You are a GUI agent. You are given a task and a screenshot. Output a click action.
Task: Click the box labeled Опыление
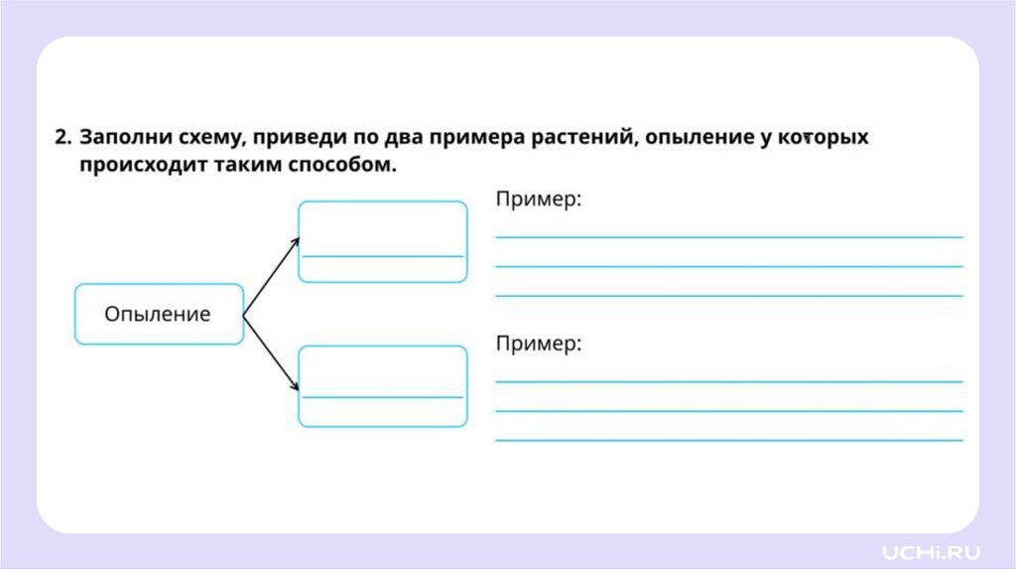(159, 315)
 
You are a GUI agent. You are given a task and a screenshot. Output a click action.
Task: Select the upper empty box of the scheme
(382, 241)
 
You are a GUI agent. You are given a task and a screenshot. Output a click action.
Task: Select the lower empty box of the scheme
(382, 386)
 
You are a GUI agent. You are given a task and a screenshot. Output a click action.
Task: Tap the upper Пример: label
(538, 200)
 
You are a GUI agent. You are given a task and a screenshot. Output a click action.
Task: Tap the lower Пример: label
(538, 344)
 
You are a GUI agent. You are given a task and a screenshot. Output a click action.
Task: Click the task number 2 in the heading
(63, 137)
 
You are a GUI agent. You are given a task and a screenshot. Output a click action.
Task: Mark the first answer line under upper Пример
(728, 237)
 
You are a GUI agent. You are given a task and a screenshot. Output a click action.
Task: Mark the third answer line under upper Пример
(728, 296)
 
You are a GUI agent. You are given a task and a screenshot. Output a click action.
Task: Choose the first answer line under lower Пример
(728, 381)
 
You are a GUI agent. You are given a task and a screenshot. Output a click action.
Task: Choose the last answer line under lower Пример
(728, 440)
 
